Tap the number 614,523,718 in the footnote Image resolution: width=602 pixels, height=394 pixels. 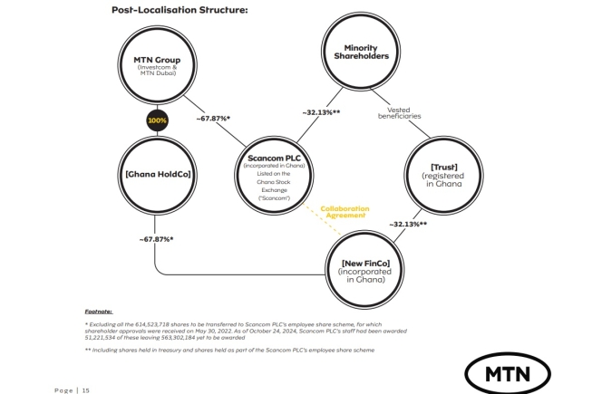coord(153,323)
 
